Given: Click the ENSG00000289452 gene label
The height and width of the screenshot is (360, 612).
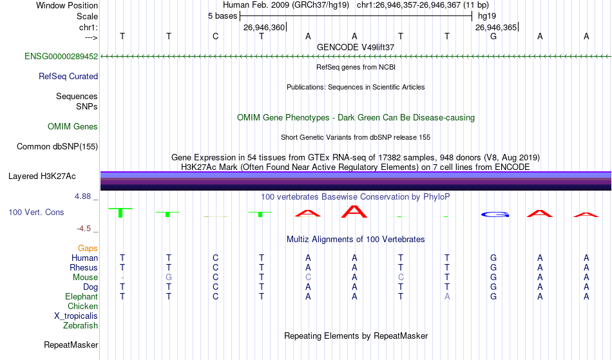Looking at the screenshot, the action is [x=61, y=56].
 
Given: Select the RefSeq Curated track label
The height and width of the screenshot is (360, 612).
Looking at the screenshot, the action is [x=68, y=77].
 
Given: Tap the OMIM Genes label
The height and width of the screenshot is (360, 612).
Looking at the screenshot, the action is [x=73, y=126].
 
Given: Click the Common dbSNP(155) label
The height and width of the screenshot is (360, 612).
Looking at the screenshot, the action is [x=57, y=147].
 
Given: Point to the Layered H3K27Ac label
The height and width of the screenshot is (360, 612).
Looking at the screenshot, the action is [x=42, y=176].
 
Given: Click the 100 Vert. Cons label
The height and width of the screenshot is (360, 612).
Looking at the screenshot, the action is [x=36, y=212].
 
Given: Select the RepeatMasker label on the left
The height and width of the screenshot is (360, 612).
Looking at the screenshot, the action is [x=71, y=345].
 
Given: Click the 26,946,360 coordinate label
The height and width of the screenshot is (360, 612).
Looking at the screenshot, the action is [x=264, y=27].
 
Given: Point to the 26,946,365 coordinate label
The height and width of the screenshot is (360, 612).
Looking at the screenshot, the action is [x=496, y=27].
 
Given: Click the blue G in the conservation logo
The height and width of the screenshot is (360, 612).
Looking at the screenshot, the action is [x=495, y=214].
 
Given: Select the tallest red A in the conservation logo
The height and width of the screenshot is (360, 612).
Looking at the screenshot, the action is [x=354, y=211].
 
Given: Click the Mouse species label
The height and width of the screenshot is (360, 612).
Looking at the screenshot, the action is [x=85, y=278].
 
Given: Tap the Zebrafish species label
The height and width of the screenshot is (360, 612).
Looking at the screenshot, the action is [x=81, y=326].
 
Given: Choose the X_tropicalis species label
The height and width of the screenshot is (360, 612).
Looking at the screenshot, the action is [x=76, y=316].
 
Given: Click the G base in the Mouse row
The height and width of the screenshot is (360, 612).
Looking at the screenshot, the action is [x=169, y=278].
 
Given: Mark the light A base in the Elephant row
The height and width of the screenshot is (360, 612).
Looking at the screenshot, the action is [x=447, y=297].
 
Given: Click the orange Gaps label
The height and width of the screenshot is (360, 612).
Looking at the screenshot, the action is [x=88, y=249].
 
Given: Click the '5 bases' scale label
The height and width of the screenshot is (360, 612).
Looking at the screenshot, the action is [x=222, y=16].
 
